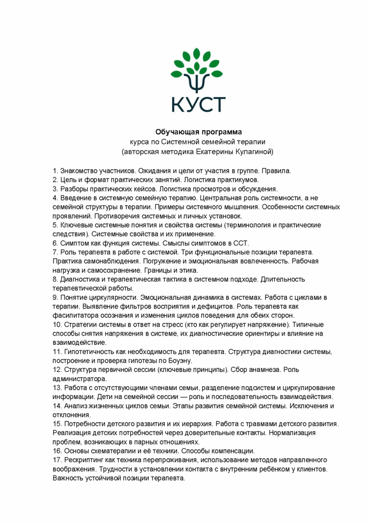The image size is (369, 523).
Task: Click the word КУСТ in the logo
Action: [198, 103]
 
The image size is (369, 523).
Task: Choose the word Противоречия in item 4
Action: [119, 216]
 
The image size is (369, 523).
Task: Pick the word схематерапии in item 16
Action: [113, 451]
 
